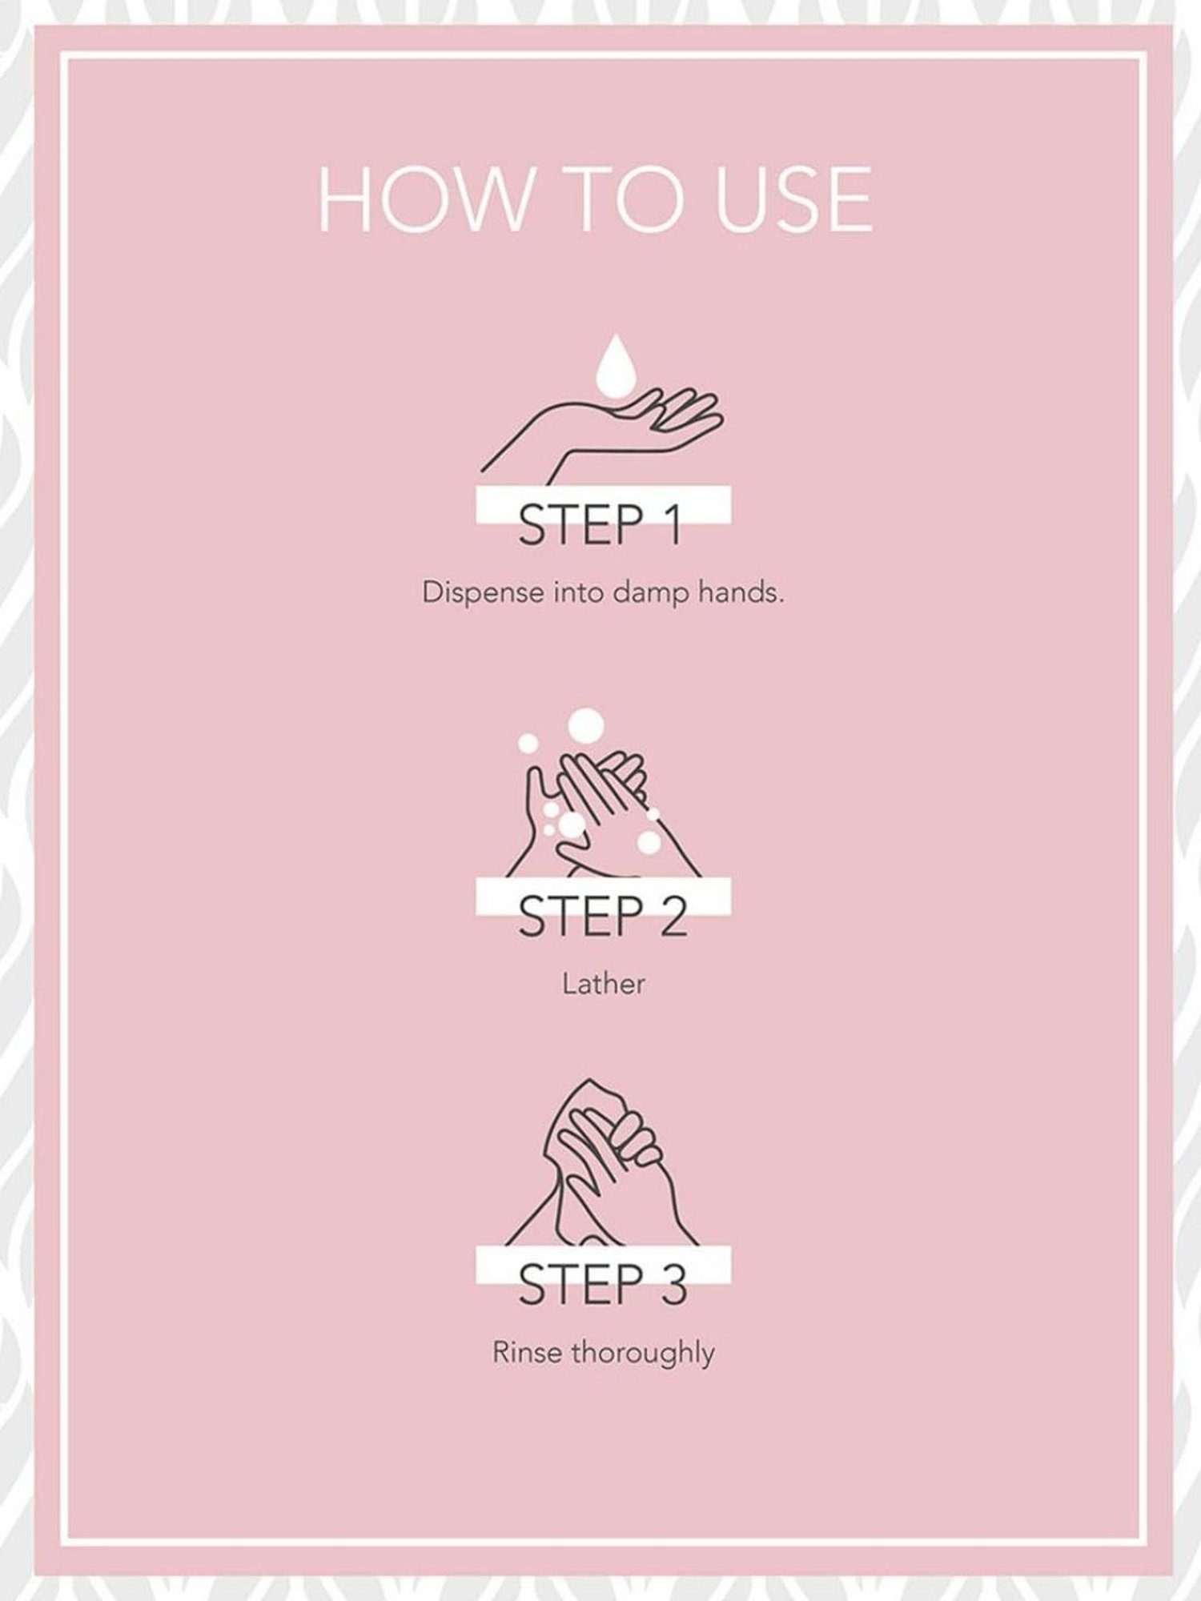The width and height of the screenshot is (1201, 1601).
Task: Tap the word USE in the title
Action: coord(793,199)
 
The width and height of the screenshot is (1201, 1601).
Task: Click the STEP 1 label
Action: coord(600,525)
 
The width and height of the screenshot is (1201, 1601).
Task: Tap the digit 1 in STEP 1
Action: coord(671,525)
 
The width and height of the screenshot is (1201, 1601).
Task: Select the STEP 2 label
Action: coord(602,917)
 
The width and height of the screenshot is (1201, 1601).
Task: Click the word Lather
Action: coord(603,983)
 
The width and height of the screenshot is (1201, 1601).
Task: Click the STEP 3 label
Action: coord(602,1285)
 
